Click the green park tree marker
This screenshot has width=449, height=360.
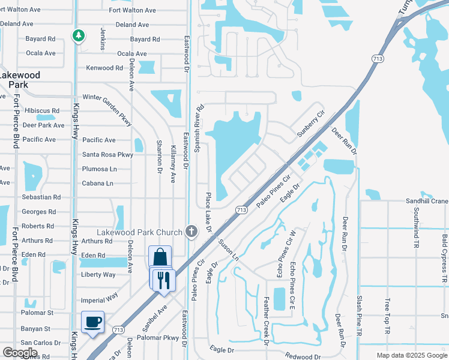[x=78, y=36]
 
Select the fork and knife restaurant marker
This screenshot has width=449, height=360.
[x=163, y=279]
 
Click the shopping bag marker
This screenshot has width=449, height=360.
[x=160, y=257]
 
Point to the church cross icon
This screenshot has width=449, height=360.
[x=191, y=232]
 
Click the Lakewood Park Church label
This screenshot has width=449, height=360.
[x=140, y=233]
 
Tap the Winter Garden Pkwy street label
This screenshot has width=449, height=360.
[x=106, y=97]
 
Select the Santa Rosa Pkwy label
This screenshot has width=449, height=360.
[x=108, y=155]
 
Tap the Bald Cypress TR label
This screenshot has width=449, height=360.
[x=444, y=259]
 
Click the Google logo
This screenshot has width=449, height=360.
[x=20, y=353]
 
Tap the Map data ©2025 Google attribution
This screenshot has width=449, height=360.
[x=412, y=355]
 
